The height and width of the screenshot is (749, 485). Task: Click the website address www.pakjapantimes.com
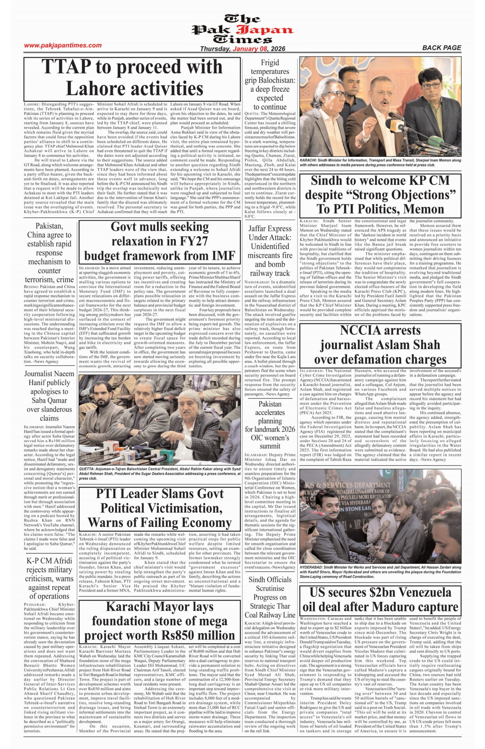coord(63,45)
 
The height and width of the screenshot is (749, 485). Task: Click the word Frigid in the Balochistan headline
coord(270,63)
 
